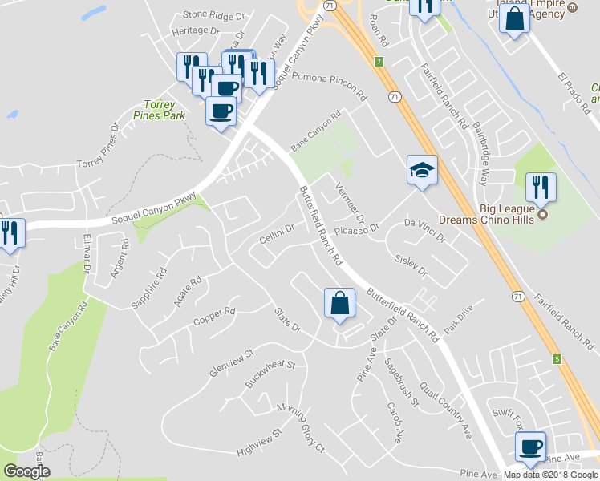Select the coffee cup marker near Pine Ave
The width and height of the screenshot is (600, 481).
coord(530,447)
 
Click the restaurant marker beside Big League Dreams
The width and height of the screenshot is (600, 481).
coord(541,188)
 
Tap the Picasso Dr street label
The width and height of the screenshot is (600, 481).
coord(354,230)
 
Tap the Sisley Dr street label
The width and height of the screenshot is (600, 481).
coord(412,266)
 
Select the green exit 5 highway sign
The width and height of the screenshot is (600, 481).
coord(557,358)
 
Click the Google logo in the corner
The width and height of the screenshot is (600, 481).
coord(26,471)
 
